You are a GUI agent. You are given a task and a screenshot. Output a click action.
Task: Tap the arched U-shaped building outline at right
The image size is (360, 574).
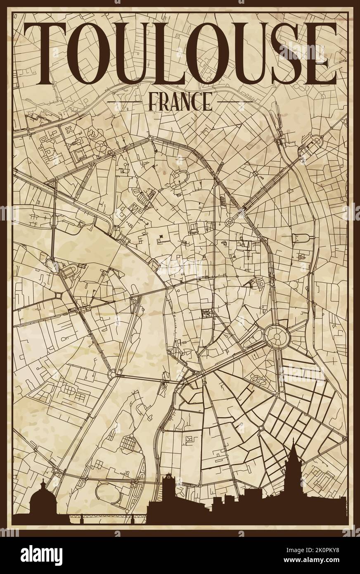click(x=300, y=238)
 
